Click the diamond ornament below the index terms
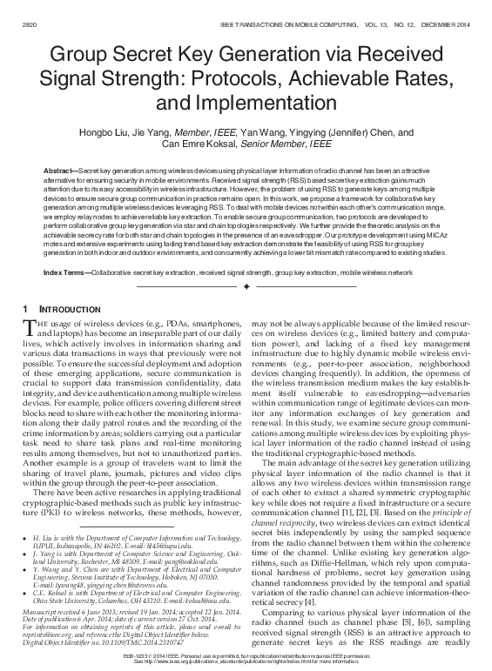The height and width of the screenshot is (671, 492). coord(246,285)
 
